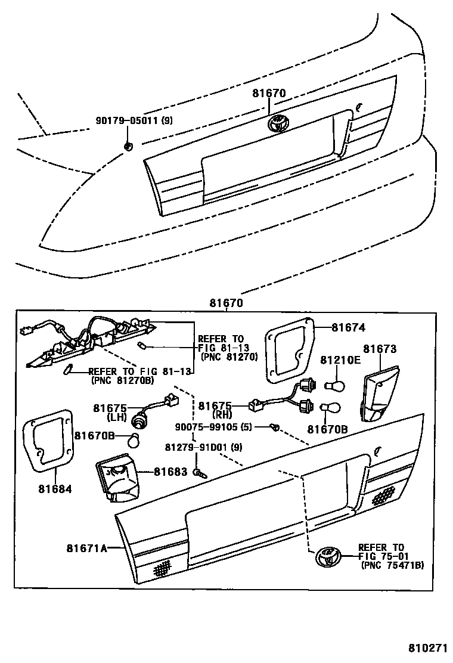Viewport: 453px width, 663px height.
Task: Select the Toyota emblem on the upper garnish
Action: tap(278, 123)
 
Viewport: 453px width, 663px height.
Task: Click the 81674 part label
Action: tap(348, 327)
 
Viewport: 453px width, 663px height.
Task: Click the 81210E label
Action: tap(340, 361)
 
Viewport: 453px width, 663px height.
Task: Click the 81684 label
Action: tap(57, 489)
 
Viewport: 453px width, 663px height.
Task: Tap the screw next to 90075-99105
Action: tap(274, 426)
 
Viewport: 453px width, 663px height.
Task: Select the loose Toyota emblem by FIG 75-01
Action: tap(327, 556)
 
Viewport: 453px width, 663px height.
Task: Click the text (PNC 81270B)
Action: tap(122, 379)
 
